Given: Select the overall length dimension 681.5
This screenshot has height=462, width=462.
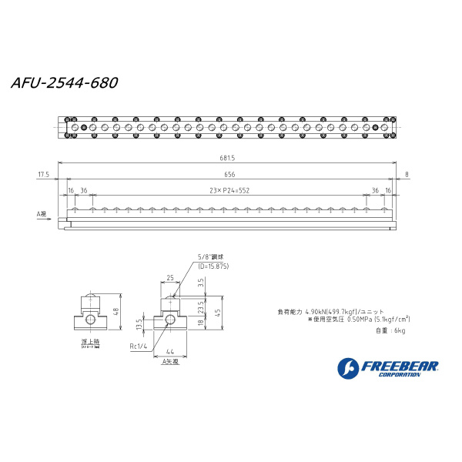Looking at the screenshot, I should [227, 159].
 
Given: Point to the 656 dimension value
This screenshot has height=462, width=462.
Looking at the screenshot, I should [229, 174].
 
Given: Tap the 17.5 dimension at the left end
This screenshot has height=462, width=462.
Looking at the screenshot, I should [43, 174].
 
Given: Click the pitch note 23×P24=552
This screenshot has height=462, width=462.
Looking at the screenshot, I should [229, 189].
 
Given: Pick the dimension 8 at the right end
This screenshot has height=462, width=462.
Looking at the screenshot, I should [406, 174].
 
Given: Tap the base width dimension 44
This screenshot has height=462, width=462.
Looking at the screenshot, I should [169, 352].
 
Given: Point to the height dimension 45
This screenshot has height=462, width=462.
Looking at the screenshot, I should [219, 312].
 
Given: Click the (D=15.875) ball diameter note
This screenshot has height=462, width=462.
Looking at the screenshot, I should [213, 266].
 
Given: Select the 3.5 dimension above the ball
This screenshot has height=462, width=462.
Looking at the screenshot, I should [201, 283].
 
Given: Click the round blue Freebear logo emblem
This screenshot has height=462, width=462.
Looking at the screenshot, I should [348, 367].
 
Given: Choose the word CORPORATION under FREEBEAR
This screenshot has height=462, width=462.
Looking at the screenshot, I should [400, 375].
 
